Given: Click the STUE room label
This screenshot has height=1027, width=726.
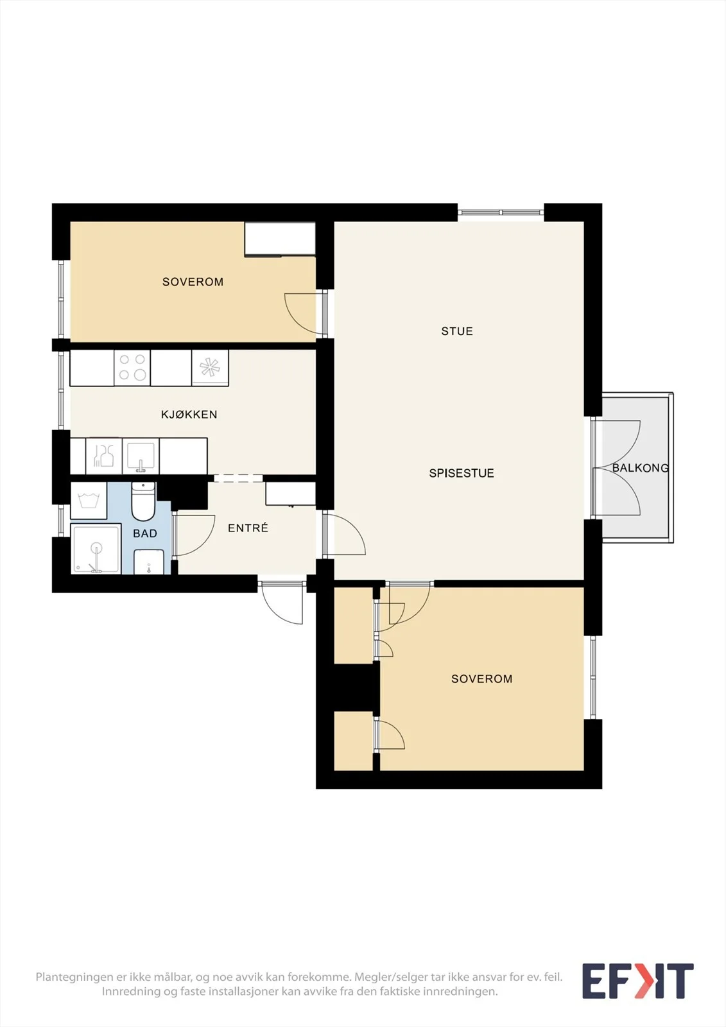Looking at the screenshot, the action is click(457, 331).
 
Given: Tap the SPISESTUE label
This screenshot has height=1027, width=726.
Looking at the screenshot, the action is click(462, 473).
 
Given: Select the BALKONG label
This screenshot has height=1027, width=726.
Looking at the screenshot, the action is click(640, 468).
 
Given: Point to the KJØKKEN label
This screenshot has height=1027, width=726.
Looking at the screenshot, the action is click(189, 415).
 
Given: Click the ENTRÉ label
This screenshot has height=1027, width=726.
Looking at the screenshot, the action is click(248, 528).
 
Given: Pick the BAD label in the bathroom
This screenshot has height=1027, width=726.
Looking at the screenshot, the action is click(145, 533).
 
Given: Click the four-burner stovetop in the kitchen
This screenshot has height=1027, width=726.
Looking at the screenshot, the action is click(132, 367).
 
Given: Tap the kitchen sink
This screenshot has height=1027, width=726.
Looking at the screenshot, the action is click(141, 456).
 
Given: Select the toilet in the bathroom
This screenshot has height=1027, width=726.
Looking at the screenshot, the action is click(144, 501).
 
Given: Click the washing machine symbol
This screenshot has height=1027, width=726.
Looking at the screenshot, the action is click(89, 501).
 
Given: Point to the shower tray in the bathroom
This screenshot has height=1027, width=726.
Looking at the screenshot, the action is click(96, 549).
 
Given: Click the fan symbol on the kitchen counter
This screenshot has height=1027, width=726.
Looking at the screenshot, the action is click(210, 368).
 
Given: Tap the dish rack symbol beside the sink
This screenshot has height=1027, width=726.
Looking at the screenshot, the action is click(103, 456).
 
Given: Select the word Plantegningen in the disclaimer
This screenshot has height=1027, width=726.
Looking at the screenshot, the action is click(74, 977).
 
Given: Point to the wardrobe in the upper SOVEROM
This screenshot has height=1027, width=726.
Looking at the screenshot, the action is click(280, 239).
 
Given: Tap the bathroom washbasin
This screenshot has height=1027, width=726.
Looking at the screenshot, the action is click(149, 562).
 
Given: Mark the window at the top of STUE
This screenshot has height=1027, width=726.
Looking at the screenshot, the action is click(500, 212).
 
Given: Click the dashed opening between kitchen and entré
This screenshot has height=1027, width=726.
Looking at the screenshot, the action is click(238, 478).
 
